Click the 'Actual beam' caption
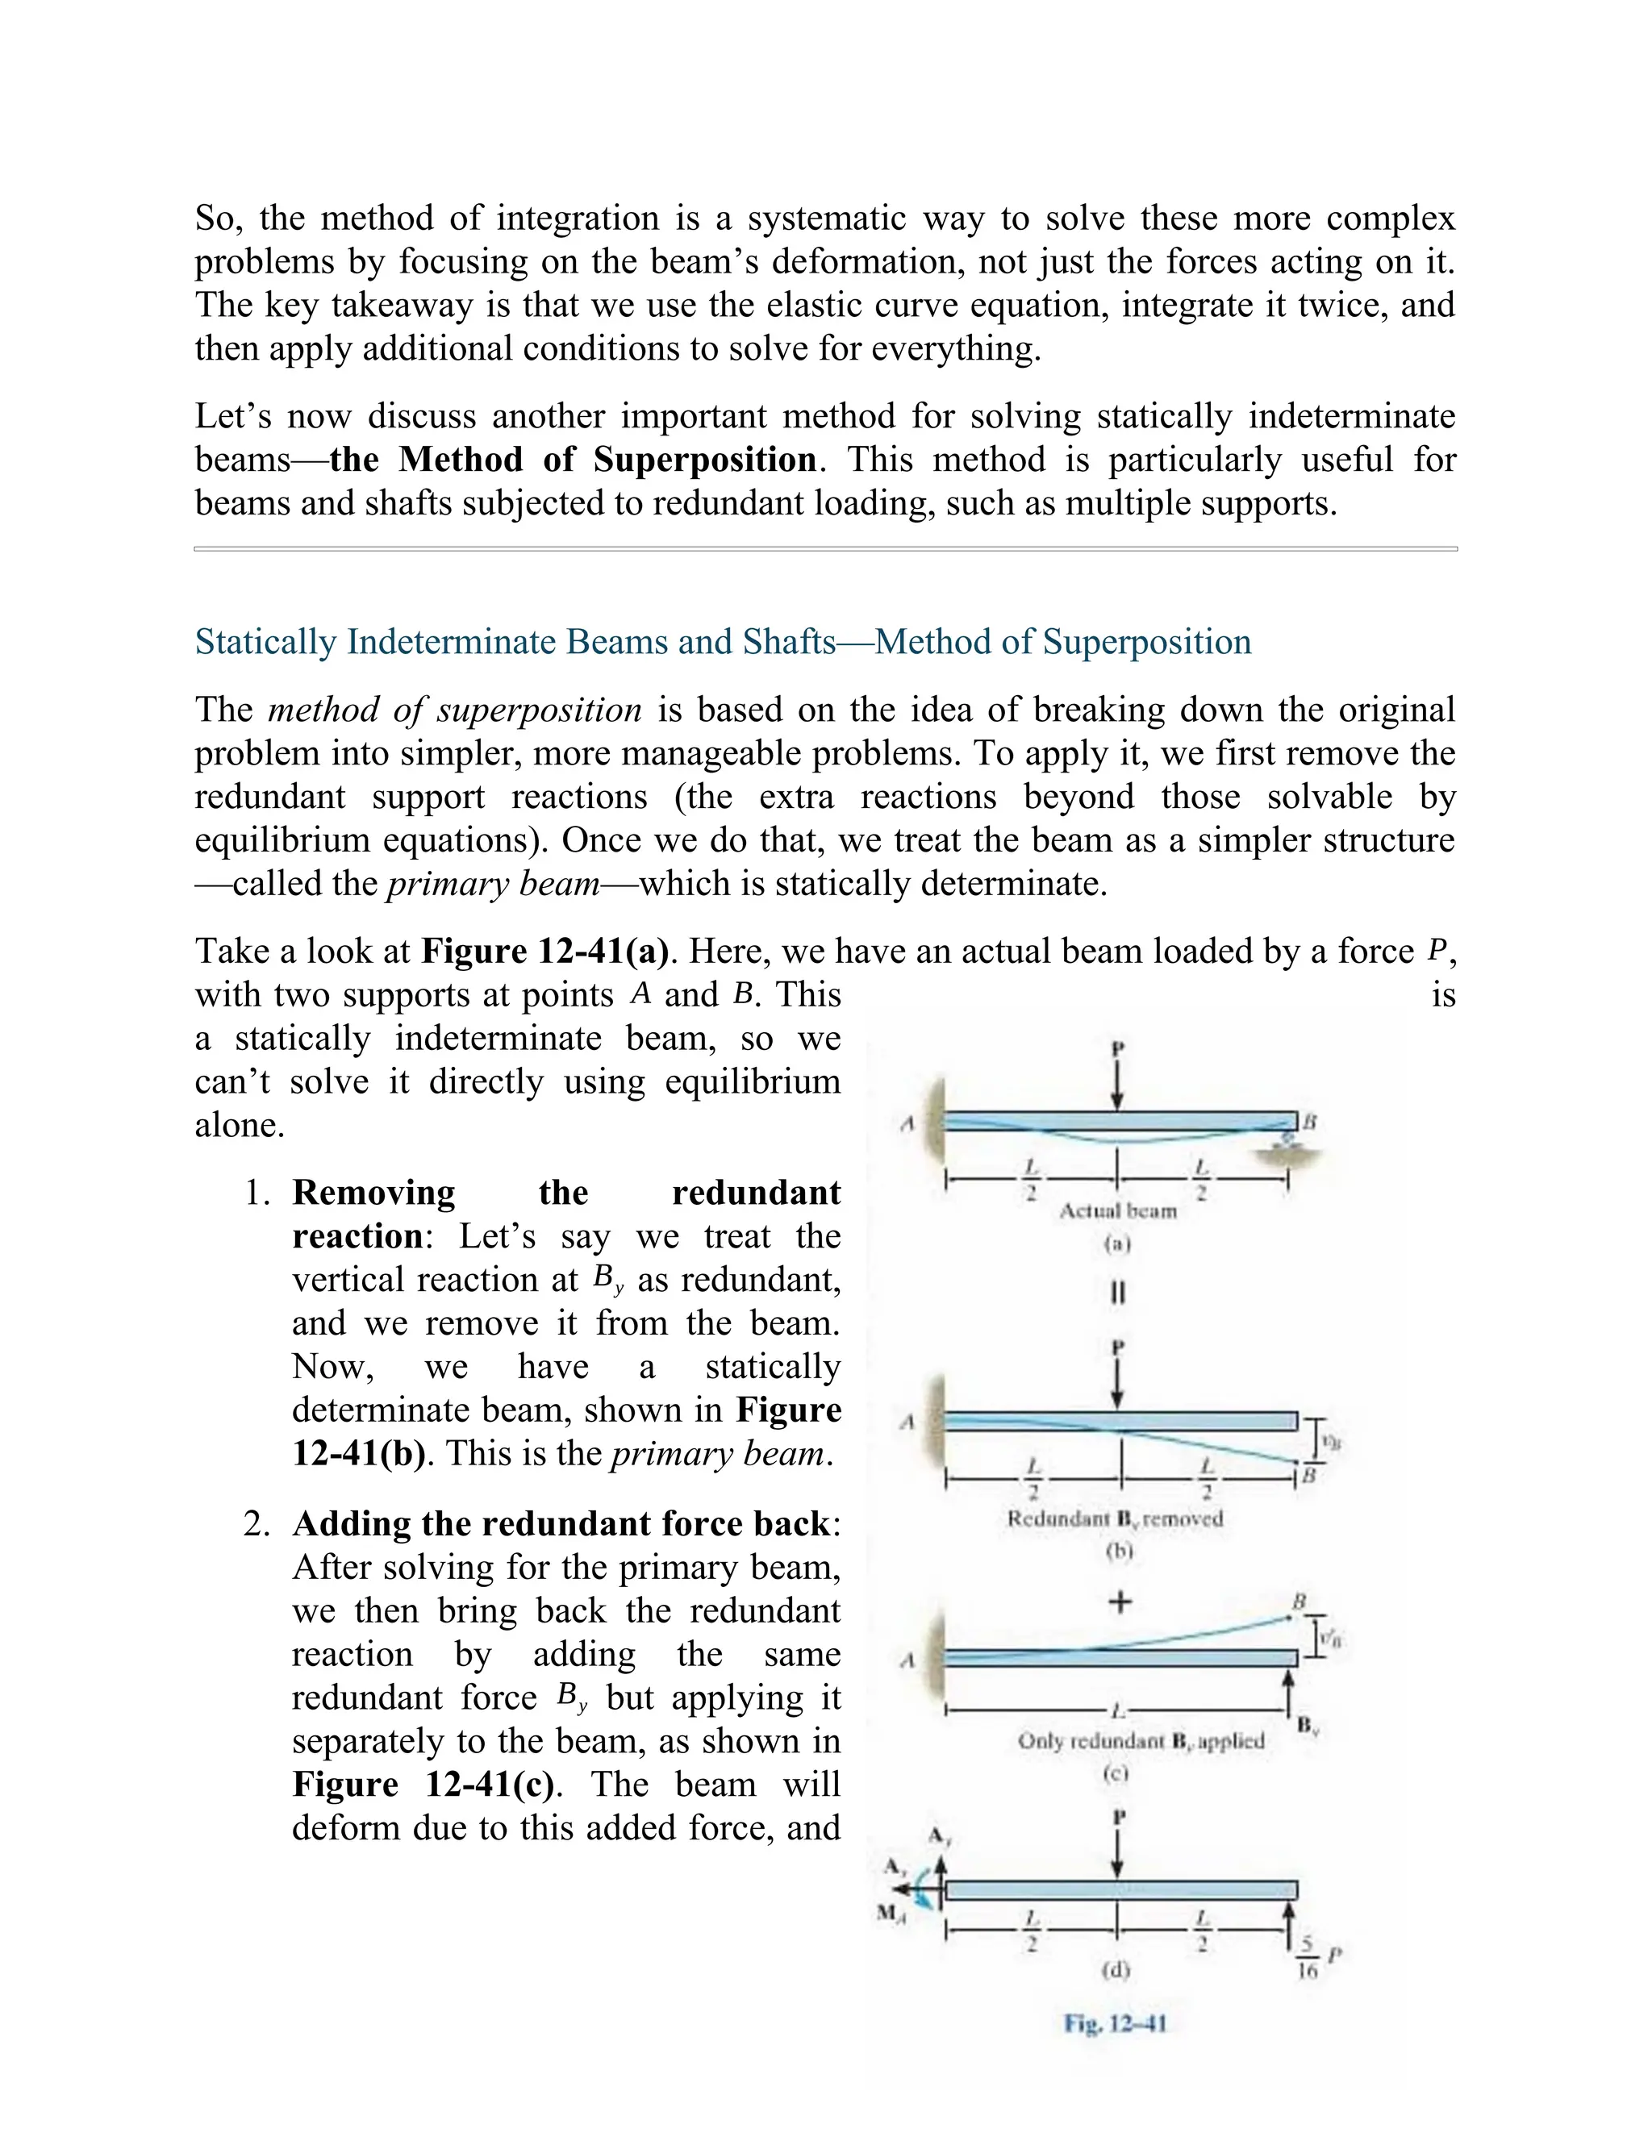(x=1118, y=1211)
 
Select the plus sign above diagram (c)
(x=1120, y=1602)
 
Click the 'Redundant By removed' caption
(x=1115, y=1518)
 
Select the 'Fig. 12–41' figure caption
(x=1116, y=2023)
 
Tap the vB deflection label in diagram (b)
(x=1330, y=1441)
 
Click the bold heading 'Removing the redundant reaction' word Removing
(x=373, y=1193)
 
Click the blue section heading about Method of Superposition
(x=722, y=642)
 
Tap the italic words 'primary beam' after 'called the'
(x=493, y=884)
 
